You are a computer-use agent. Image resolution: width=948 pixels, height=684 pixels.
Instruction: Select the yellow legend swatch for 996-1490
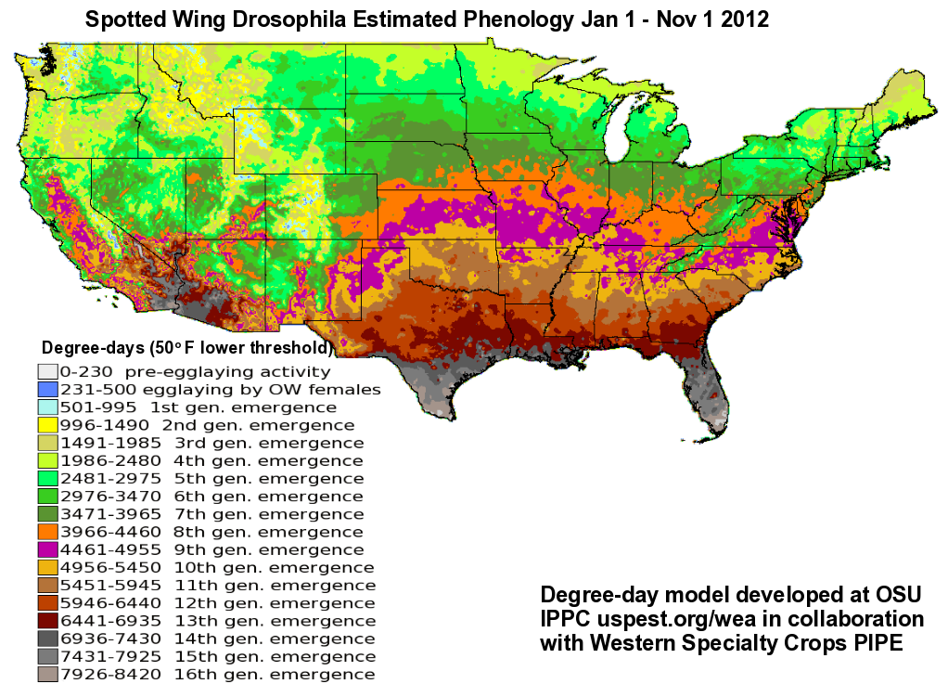pyautogui.click(x=47, y=425)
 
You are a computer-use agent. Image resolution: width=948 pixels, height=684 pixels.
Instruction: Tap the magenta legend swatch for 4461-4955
pyautogui.click(x=47, y=549)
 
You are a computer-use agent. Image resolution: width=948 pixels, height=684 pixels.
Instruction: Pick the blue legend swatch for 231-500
pyautogui.click(x=47, y=390)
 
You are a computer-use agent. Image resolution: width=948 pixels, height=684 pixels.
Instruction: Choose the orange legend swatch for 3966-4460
pyautogui.click(x=47, y=532)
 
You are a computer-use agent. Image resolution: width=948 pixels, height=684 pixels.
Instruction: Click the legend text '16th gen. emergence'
pyautogui.click(x=275, y=675)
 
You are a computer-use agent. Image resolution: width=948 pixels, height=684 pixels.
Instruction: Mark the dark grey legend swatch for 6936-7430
pyautogui.click(x=47, y=639)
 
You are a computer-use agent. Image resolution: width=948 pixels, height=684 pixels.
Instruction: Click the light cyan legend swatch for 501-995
pyautogui.click(x=47, y=407)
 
